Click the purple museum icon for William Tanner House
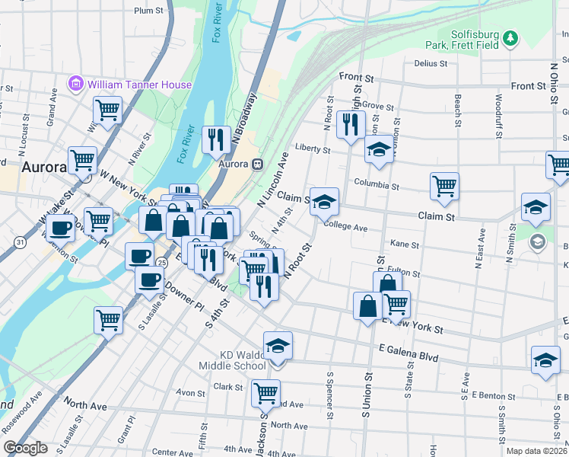pos(76,84)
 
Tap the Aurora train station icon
pos(258,164)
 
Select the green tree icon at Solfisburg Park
pos(512,37)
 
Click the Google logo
pos(25,448)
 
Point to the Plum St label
pos(148,11)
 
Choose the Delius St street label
pos(431,63)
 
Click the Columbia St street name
pos(377,185)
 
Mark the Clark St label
pos(228,387)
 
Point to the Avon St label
pos(186,393)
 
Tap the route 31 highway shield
pos(18,241)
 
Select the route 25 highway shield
pos(161,262)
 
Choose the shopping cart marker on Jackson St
pos(265,392)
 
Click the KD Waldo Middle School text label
pos(243,360)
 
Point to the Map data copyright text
pos(536,451)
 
